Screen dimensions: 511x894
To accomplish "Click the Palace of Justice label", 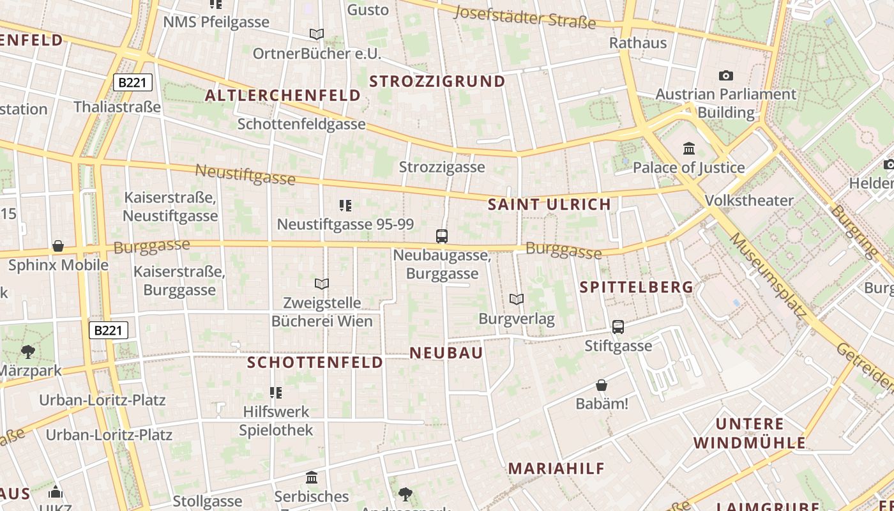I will [x=688, y=168].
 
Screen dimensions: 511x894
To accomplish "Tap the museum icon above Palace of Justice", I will [x=689, y=149].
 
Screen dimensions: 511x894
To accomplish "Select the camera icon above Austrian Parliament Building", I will [x=726, y=76].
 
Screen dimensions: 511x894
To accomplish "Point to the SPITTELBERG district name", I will [x=636, y=287].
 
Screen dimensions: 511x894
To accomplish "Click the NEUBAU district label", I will [x=446, y=353].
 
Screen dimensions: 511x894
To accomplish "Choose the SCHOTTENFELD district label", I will [x=315, y=363].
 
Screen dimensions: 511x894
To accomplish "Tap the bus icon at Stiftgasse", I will [x=618, y=327].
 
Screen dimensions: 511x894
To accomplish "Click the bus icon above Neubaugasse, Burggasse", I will [x=442, y=236].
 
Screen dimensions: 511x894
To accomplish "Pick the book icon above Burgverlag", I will [x=517, y=299].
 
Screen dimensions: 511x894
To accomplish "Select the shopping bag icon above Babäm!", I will [x=602, y=385].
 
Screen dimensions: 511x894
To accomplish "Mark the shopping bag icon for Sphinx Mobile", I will [x=58, y=246].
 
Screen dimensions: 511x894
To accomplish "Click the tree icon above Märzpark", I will [x=27, y=351].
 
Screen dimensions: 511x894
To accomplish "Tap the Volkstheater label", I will [x=749, y=201].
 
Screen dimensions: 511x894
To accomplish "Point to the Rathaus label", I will [x=638, y=43].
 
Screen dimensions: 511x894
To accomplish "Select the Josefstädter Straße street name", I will [x=526, y=17].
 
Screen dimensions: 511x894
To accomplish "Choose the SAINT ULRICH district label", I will [x=549, y=204].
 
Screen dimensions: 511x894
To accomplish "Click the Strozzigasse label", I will [x=442, y=167].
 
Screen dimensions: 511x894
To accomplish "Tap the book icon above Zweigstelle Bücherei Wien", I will [x=322, y=284].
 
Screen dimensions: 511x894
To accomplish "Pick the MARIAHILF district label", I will [x=556, y=468].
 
